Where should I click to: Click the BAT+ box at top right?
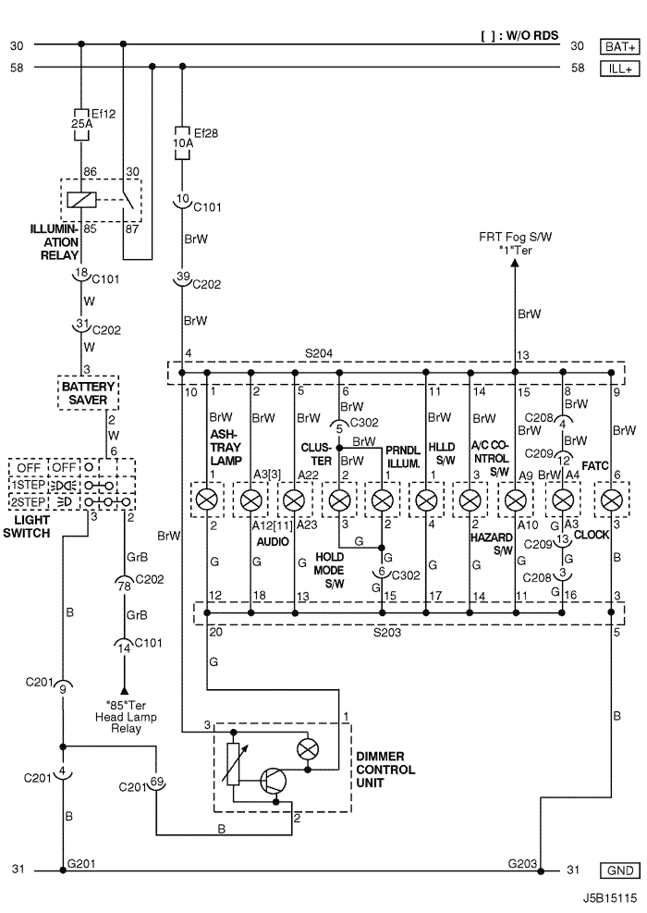click(619, 45)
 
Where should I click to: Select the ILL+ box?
click(619, 68)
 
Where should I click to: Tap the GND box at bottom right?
click(618, 870)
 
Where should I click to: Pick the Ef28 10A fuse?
click(182, 143)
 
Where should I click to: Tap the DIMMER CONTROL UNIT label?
click(385, 770)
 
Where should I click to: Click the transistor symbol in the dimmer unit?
click(273, 779)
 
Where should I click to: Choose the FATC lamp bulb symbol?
click(611, 501)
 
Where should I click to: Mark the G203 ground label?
click(522, 863)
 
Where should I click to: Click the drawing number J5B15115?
click(609, 897)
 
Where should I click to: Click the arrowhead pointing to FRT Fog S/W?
click(515, 264)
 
